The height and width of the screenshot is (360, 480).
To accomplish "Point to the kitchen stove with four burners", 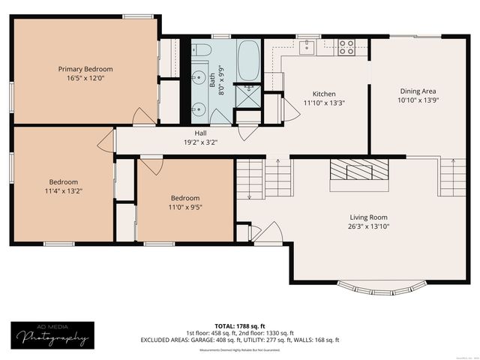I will (x=346, y=47).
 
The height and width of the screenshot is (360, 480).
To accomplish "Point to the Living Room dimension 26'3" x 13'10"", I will (x=368, y=226).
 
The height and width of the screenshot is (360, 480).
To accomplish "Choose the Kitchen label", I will (x=323, y=94).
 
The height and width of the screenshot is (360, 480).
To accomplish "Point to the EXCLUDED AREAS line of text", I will (x=240, y=339).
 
